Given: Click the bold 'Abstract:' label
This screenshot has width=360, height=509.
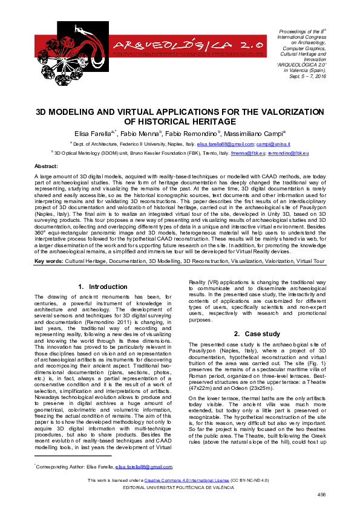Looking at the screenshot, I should coord(46,166).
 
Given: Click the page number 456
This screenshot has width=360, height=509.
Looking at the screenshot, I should coord(321,494).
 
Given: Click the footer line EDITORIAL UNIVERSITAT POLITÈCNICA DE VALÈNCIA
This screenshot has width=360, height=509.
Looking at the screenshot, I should coord(180,487).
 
